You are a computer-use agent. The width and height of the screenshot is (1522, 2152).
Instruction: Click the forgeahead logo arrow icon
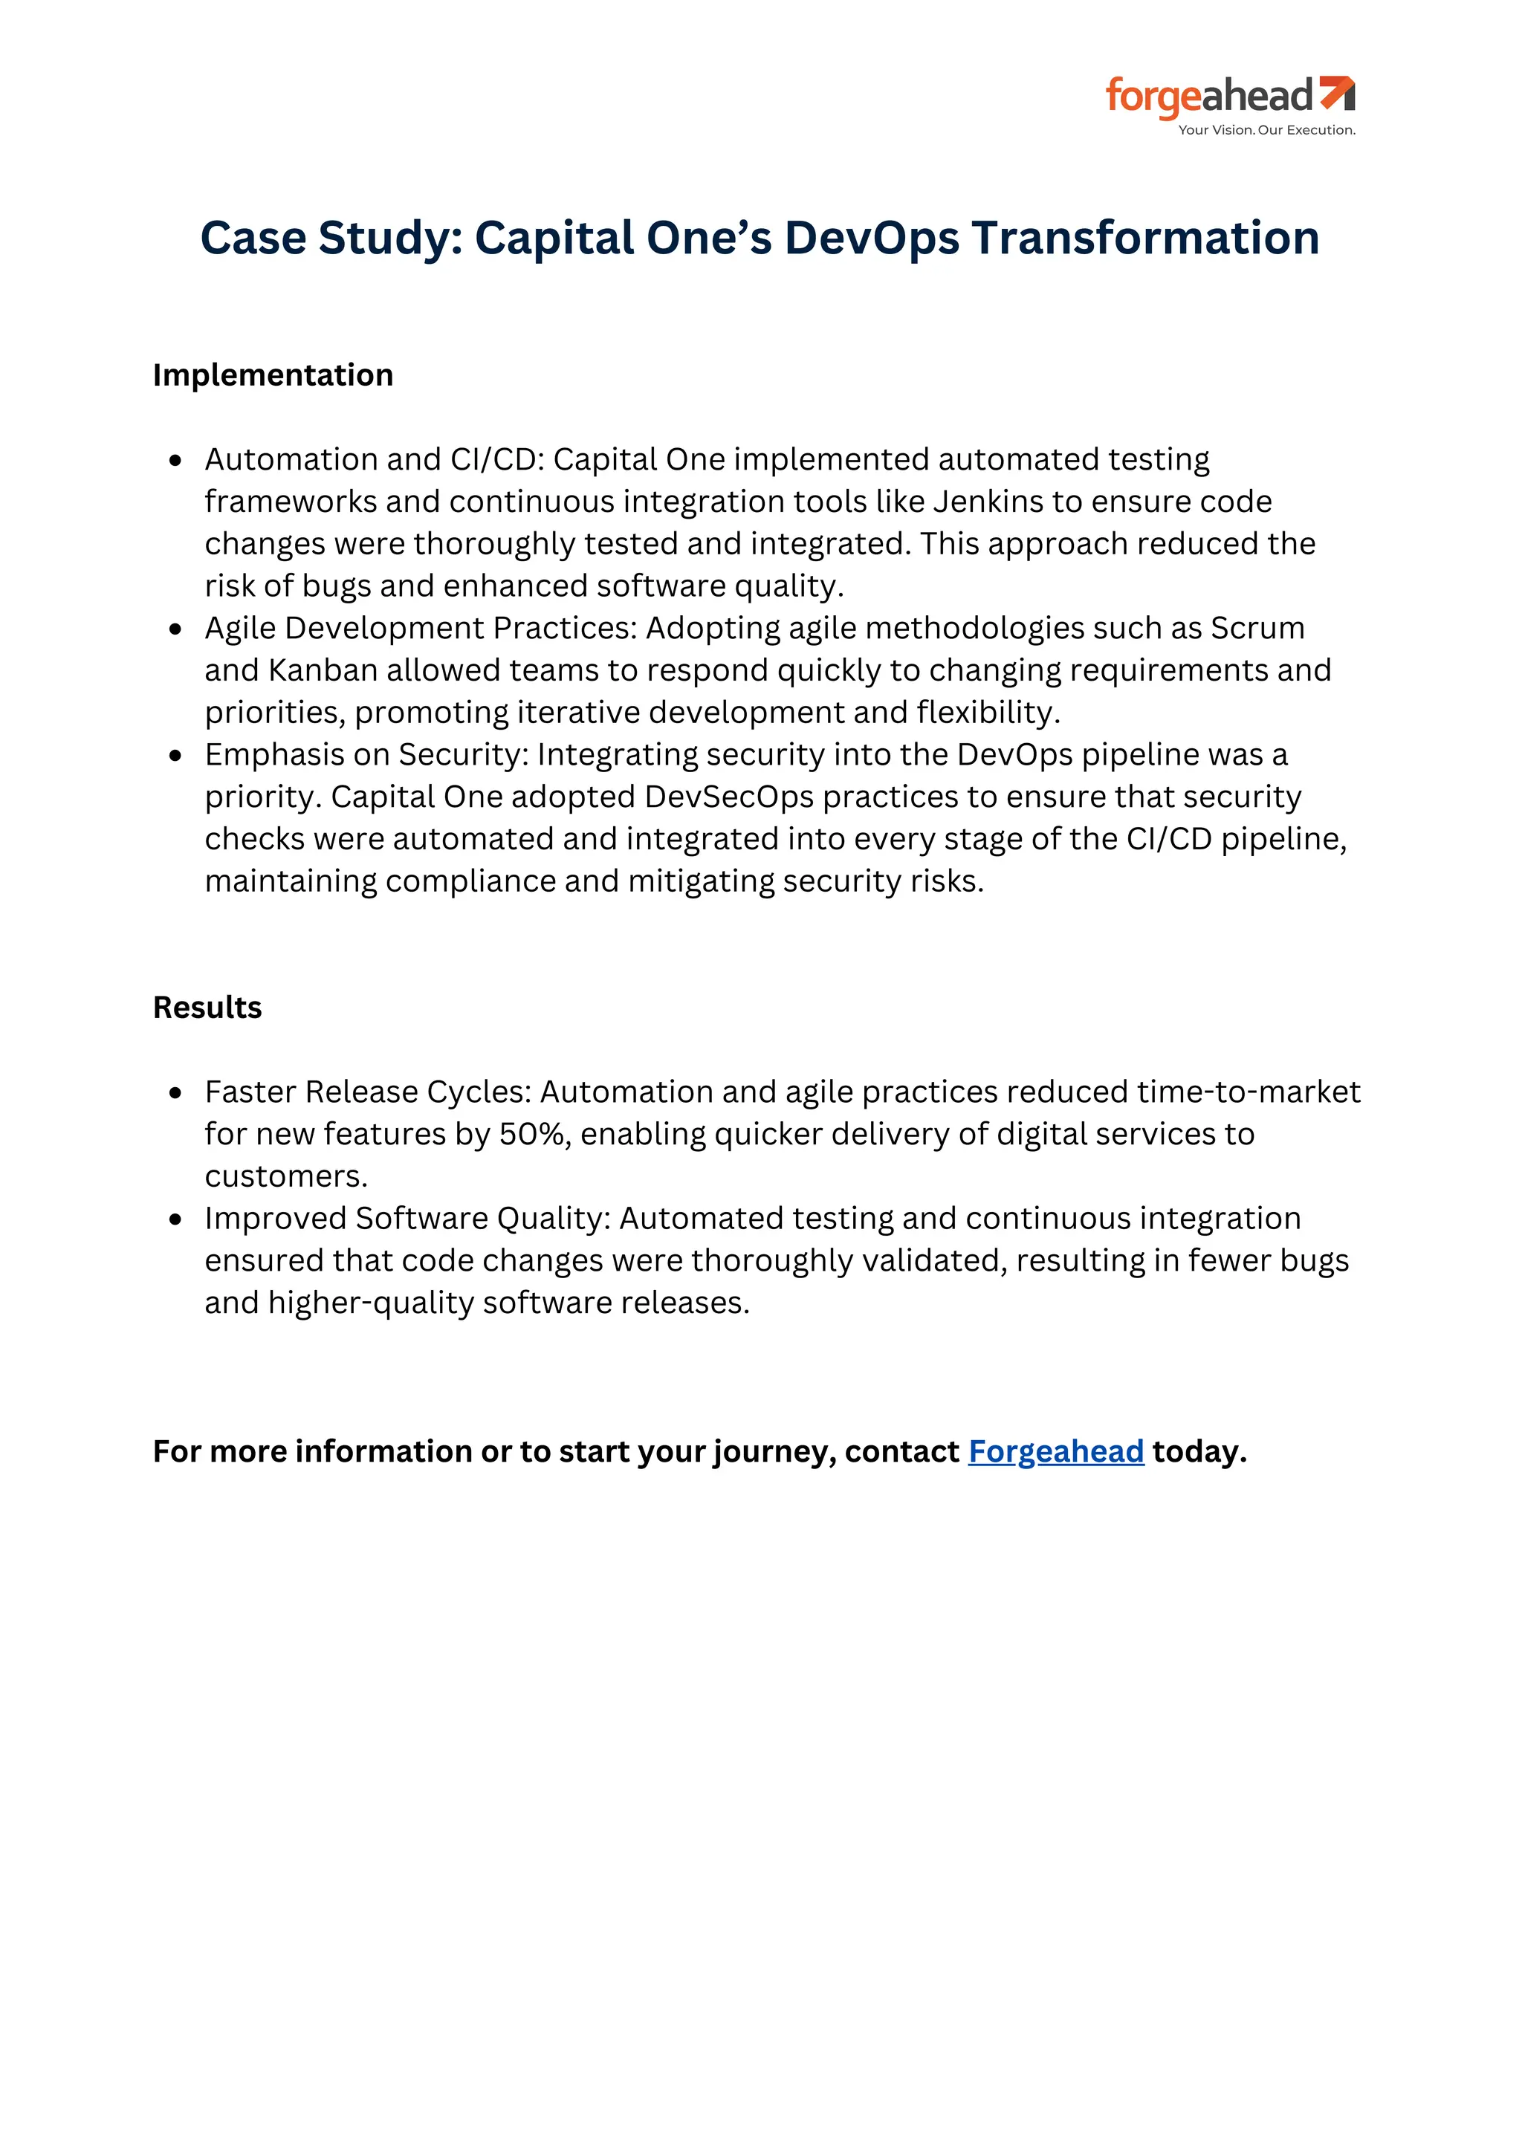coord(1338,94)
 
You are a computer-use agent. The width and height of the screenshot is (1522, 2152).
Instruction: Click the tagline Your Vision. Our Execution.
coord(1266,130)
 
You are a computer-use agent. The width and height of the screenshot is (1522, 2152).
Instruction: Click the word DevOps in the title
coord(872,238)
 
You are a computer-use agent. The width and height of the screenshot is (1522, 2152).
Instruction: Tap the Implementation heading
coord(273,375)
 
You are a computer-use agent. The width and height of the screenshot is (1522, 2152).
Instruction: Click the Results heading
coord(207,1008)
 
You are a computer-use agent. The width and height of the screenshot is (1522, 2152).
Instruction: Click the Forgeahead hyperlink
coord(1055,1451)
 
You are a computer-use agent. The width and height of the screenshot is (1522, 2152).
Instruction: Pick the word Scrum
coord(1257,628)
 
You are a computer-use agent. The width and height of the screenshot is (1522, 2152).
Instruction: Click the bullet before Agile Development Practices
coord(175,629)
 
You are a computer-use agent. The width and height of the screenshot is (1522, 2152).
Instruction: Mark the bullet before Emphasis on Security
coord(175,756)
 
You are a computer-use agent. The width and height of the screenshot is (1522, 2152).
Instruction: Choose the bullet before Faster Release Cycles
coord(175,1093)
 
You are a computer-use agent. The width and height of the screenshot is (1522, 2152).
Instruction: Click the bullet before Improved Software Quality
coord(175,1219)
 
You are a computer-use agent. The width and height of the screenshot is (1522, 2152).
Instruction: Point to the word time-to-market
coord(1249,1092)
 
